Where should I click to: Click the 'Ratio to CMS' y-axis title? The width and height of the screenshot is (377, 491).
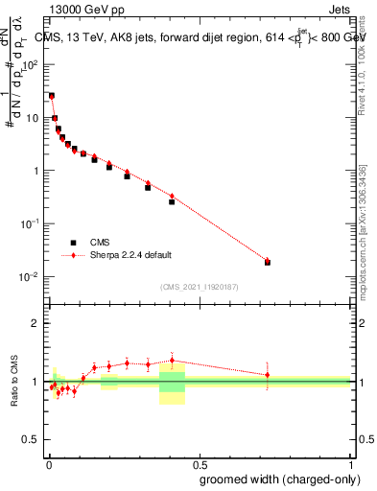click(14, 382)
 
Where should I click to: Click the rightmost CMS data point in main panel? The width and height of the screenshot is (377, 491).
click(268, 262)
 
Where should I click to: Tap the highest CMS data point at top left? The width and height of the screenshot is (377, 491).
click(51, 96)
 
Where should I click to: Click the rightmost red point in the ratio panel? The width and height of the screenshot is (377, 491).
click(268, 375)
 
